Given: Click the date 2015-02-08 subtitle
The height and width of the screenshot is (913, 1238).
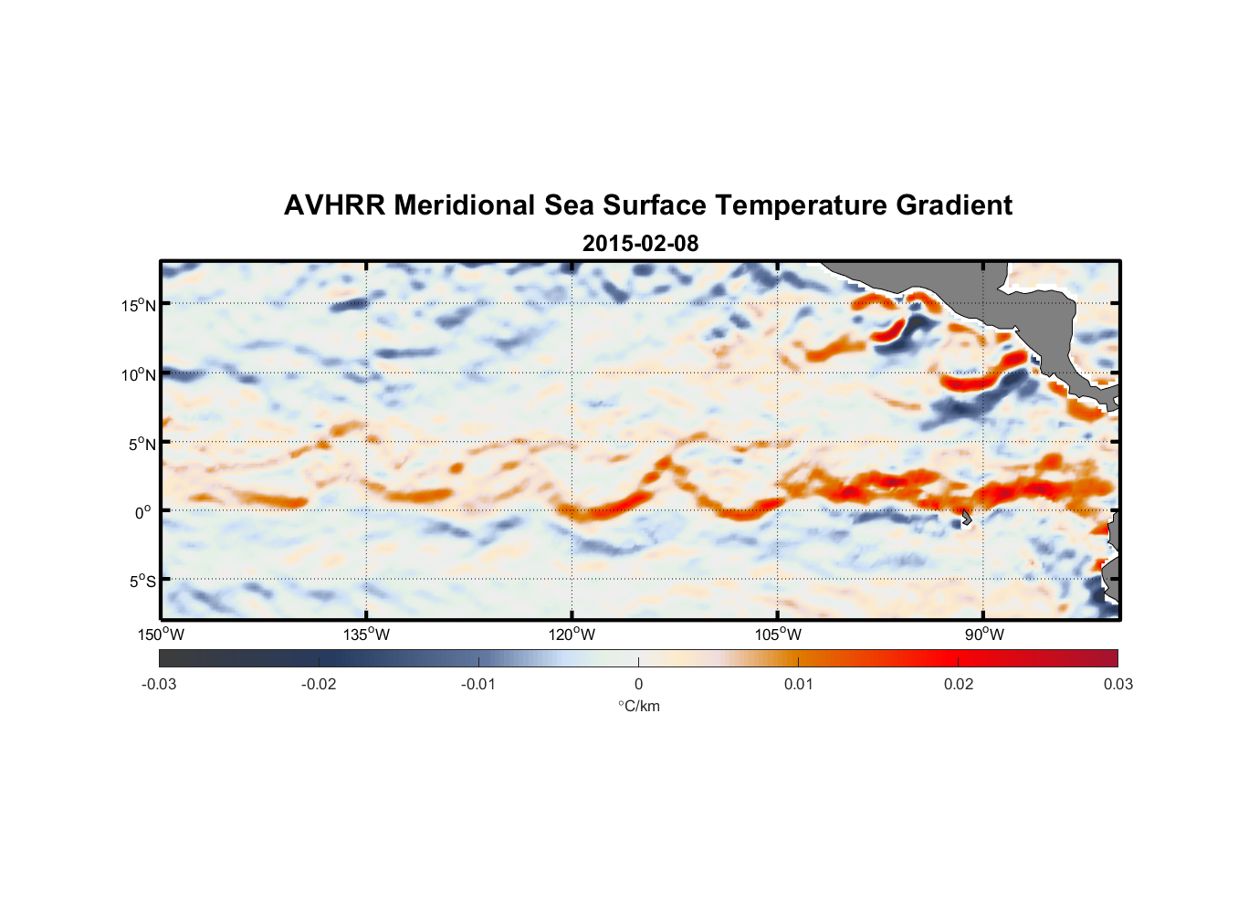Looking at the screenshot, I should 640,244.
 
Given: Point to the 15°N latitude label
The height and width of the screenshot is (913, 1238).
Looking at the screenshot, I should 139,305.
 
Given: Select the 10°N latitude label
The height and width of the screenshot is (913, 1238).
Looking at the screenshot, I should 139,374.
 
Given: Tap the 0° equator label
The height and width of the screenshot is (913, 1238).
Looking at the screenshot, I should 143,512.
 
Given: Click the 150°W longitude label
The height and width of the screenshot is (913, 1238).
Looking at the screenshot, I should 161,635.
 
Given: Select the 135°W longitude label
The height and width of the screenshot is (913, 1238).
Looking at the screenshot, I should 367,635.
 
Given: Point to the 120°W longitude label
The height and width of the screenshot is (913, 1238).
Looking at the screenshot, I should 572,635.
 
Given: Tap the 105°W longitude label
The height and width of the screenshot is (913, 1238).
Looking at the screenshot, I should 778,635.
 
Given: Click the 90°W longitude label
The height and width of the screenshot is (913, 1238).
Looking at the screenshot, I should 984,635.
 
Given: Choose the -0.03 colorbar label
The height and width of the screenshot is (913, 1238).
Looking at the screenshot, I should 159,684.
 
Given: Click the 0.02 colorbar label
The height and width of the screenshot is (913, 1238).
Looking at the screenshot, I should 959,684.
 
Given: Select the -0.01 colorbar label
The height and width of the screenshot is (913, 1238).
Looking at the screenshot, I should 478,684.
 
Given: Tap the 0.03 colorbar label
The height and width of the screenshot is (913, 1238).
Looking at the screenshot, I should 1117,684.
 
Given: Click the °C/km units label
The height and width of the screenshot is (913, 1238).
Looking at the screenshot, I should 639,706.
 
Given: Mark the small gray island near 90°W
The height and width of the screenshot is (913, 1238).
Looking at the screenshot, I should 966,518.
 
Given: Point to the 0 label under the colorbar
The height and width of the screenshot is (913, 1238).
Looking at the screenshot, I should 638,684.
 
